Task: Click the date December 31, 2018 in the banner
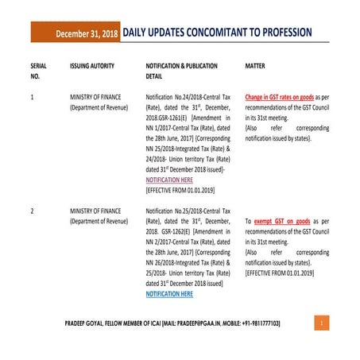click(x=87, y=33)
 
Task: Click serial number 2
click(x=32, y=211)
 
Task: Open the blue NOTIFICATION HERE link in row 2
click(x=169, y=294)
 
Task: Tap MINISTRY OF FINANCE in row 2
click(x=96, y=211)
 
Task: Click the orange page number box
click(x=321, y=325)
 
